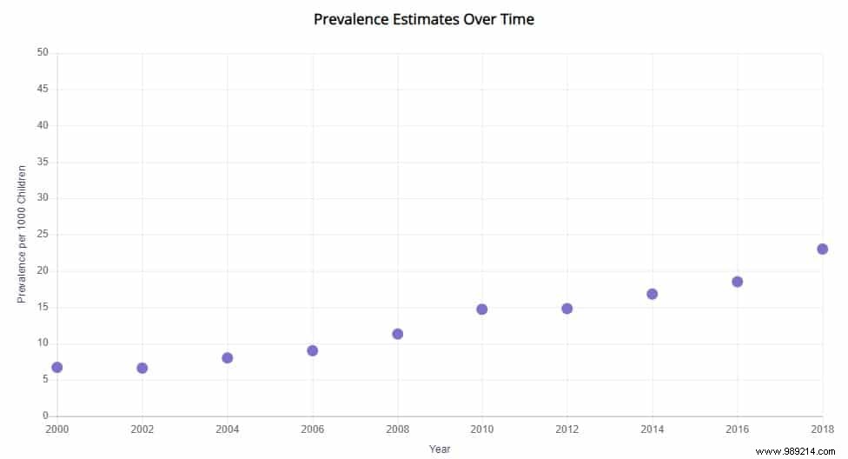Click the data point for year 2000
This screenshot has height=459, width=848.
point(57,368)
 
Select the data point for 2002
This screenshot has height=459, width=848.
point(142,369)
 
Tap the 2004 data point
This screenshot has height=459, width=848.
point(228,358)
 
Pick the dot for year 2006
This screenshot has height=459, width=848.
point(313,351)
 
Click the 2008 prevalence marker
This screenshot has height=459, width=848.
point(398,334)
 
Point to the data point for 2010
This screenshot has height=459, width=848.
point(482,309)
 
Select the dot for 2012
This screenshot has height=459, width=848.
point(567,309)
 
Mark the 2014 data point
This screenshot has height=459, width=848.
point(653,294)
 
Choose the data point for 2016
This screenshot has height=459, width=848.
point(738,282)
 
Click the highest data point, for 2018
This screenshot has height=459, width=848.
point(823,249)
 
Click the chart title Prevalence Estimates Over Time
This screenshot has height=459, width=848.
point(424,19)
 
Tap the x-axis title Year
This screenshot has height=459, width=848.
point(440,449)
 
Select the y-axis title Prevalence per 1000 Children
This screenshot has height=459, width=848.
point(23,234)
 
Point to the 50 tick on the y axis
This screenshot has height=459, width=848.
point(43,53)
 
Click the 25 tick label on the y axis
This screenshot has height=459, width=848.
point(43,235)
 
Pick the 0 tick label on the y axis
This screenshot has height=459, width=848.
point(45,416)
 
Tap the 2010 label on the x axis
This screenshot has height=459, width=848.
point(482,429)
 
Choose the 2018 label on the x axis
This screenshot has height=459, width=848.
point(821,429)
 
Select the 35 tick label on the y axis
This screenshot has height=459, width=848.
point(43,162)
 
